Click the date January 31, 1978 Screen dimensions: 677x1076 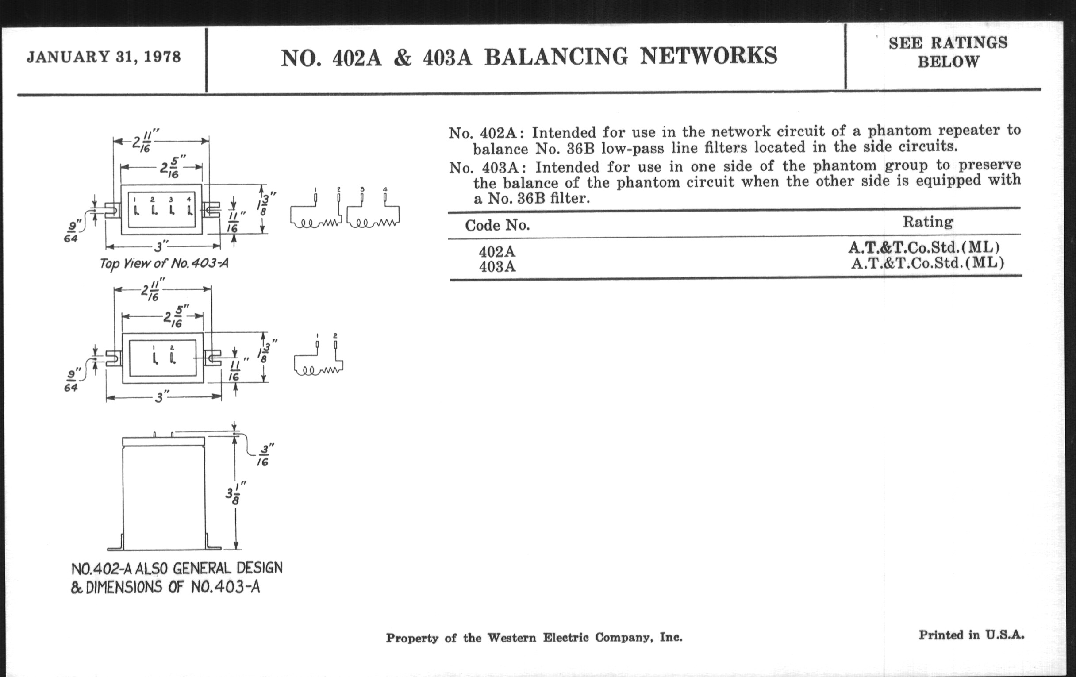pyautogui.click(x=104, y=57)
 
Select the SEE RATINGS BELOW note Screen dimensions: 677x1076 pyautogui.click(x=948, y=52)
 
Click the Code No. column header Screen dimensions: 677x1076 pyautogui.click(x=497, y=225)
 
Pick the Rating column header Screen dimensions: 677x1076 pyautogui.click(x=928, y=222)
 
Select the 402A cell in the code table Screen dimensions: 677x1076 pyautogui.click(x=497, y=252)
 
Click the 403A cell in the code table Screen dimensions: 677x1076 pyautogui.click(x=497, y=267)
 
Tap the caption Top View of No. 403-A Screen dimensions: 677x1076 pyautogui.click(x=164, y=263)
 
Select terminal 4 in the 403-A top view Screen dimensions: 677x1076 pyautogui.click(x=189, y=209)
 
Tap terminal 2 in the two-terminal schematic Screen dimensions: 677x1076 pyautogui.click(x=335, y=344)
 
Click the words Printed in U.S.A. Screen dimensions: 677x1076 pyautogui.click(x=971, y=635)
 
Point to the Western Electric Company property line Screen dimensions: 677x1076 pyautogui.click(x=534, y=638)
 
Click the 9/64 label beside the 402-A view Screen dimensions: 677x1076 pyautogui.click(x=72, y=380)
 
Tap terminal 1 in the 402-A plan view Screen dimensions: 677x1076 pyautogui.click(x=154, y=358)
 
